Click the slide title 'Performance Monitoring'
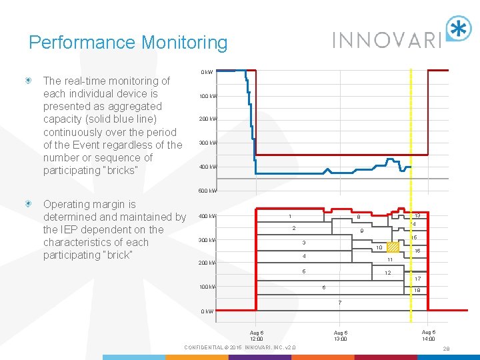pos(128,43)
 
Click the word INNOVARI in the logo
pos(387,40)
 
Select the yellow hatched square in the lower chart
pos(393,247)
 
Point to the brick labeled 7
pos(339,303)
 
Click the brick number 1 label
pos(289,216)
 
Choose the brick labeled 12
pos(387,273)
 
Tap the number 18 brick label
pos(417,291)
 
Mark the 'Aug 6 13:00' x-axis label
pos(341,335)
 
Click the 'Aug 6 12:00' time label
pos(257,335)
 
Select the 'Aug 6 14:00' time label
pos(429,335)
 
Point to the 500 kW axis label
pos(208,191)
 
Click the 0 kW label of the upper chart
pos(207,72)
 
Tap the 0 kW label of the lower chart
pos(208,311)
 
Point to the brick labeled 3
pos(303,242)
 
